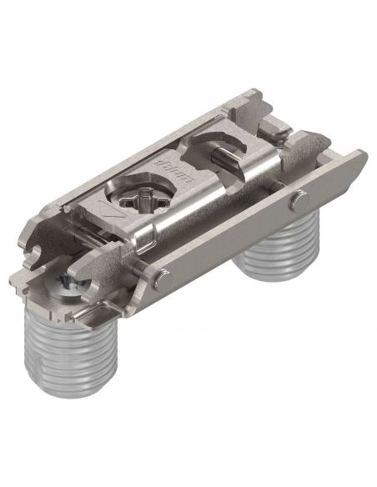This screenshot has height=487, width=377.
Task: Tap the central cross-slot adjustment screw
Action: (144, 202)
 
